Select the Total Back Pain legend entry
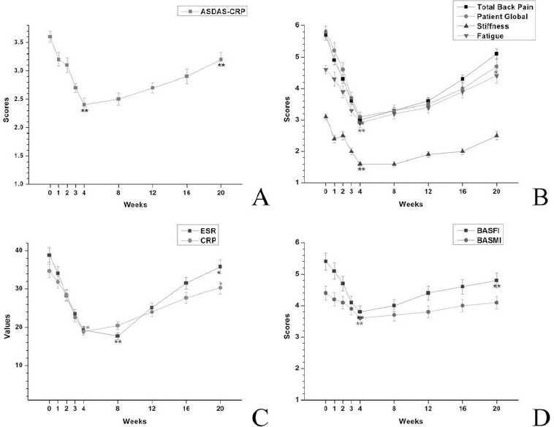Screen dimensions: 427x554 click(515, 7)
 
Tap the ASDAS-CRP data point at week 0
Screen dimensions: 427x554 click(50, 37)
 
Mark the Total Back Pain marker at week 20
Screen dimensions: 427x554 click(496, 53)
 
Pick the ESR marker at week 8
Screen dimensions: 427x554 click(118, 336)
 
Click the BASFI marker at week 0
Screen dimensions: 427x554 click(325, 261)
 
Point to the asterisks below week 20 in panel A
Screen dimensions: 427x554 click(221, 66)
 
